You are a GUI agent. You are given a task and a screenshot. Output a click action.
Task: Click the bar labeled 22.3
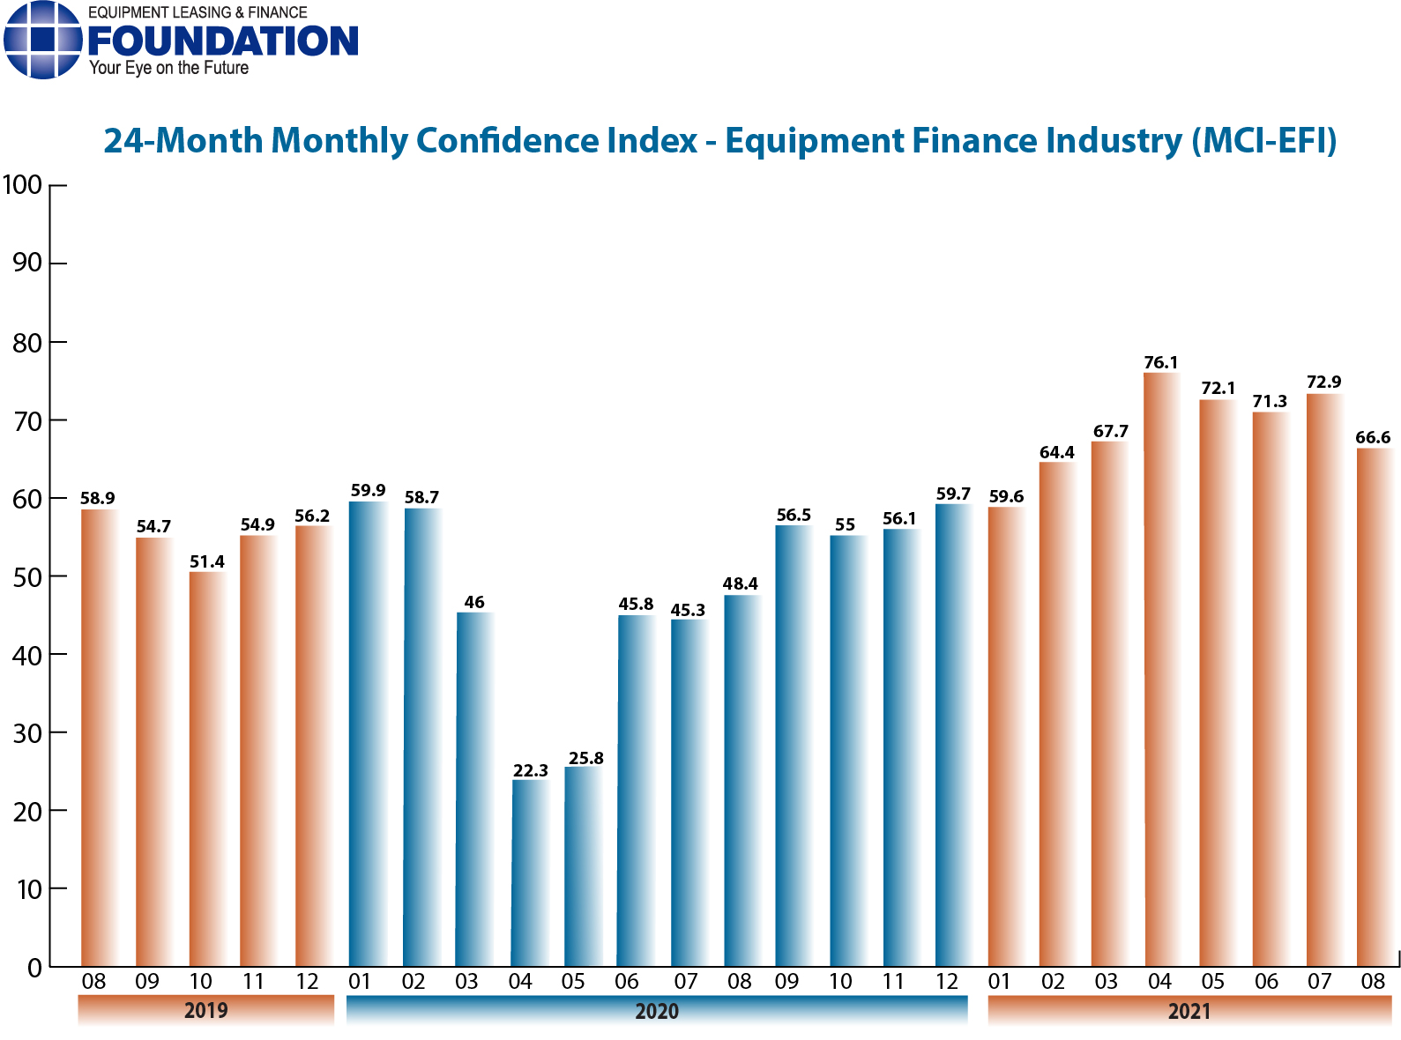pos(530,873)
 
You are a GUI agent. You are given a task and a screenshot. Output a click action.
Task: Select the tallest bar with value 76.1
pos(1160,670)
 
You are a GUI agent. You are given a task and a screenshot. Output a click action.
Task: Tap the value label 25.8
pos(586,758)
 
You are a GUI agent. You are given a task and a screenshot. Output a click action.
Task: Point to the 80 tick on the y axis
pos(26,342)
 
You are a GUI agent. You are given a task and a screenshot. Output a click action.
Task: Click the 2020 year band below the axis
pos(657,1010)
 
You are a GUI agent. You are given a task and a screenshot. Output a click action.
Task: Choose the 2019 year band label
pos(205,1010)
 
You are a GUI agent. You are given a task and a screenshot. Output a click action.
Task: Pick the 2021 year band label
pos(1189,1010)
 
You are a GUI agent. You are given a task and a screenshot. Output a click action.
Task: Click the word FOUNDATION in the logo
pos(223,41)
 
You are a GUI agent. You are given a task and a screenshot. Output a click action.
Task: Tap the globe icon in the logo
pos(41,40)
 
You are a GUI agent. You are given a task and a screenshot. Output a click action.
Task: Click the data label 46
pos(474,603)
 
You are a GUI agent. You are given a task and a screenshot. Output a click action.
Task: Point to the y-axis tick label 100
pos(23,185)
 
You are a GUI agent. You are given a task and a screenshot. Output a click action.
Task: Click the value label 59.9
pos(368,490)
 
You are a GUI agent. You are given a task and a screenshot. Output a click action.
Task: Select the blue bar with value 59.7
pos(952,735)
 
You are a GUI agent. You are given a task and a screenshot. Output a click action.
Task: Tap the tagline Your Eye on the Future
pos(168,69)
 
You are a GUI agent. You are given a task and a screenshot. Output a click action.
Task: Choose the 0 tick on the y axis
pos(34,968)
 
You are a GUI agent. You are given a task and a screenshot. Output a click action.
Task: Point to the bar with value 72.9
pos(1323,680)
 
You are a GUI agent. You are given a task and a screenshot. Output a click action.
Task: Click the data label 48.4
pos(741,583)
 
